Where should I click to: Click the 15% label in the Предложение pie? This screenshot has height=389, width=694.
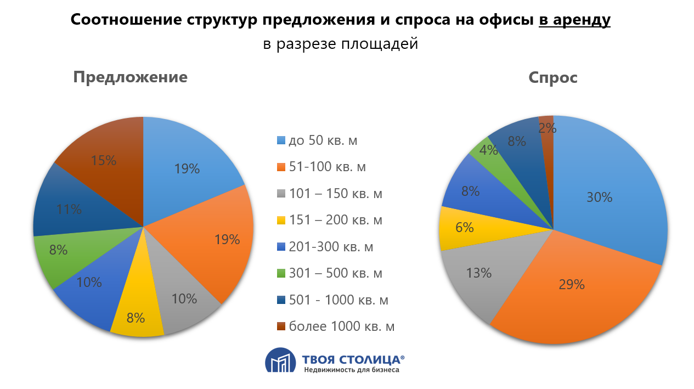coord(104,161)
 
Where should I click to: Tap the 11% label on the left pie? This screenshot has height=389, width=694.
coord(69,209)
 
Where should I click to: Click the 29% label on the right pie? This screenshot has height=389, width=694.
coord(572,284)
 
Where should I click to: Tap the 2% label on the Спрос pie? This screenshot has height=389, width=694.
coord(548,128)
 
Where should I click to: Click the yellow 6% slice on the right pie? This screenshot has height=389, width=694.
coord(464,227)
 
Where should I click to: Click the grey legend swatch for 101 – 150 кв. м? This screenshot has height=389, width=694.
coord(281,194)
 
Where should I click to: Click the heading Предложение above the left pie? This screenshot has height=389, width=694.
coord(131,77)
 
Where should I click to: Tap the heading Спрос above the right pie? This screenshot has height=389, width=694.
coord(553,77)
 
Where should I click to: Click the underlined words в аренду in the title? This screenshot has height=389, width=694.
coord(574,20)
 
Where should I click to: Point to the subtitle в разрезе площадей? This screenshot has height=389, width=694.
coord(340,44)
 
